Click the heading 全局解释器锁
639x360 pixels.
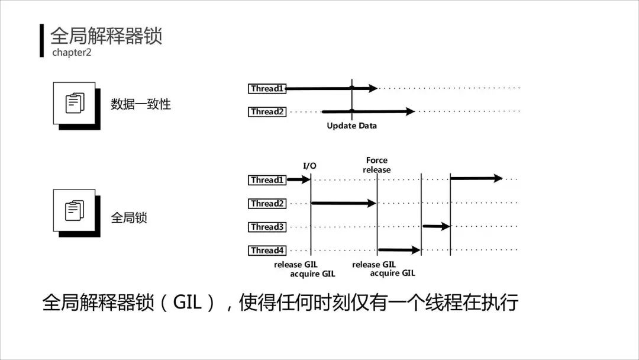tap(106, 36)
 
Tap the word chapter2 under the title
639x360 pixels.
tap(72, 53)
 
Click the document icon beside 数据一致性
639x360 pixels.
tap(75, 103)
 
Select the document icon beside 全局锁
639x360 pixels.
tap(75, 210)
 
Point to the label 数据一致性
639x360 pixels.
tap(141, 104)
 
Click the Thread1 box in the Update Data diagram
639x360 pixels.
tap(267, 89)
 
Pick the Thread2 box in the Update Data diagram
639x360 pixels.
tap(267, 111)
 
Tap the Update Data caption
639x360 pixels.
tap(351, 126)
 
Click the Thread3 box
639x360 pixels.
tap(267, 227)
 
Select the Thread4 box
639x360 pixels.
tap(267, 250)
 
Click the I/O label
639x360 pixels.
tap(309, 166)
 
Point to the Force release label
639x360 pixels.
tap(377, 165)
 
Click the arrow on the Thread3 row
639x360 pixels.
tap(436, 226)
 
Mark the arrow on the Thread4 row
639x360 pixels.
tap(399, 250)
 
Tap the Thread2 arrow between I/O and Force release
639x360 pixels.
tap(343, 203)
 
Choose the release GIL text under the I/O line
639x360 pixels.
tap(296, 265)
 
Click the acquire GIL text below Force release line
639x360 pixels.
tap(392, 273)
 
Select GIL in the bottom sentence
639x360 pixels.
tap(188, 303)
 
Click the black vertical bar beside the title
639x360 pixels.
tap(42, 40)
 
